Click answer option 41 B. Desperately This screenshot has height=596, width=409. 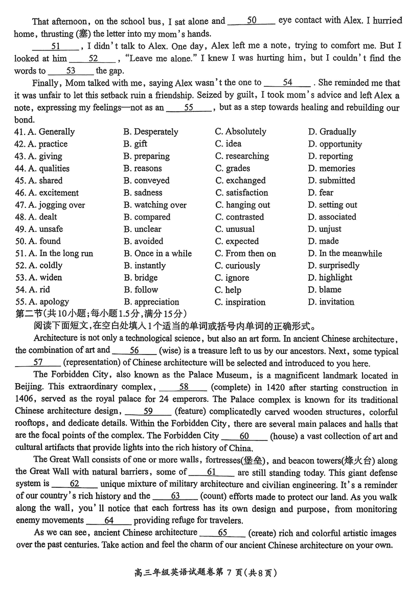pos(150,132)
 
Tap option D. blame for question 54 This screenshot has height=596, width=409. pos(325,290)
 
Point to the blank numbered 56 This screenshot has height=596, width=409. pos(134,350)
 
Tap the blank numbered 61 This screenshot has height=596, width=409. pos(212,472)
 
